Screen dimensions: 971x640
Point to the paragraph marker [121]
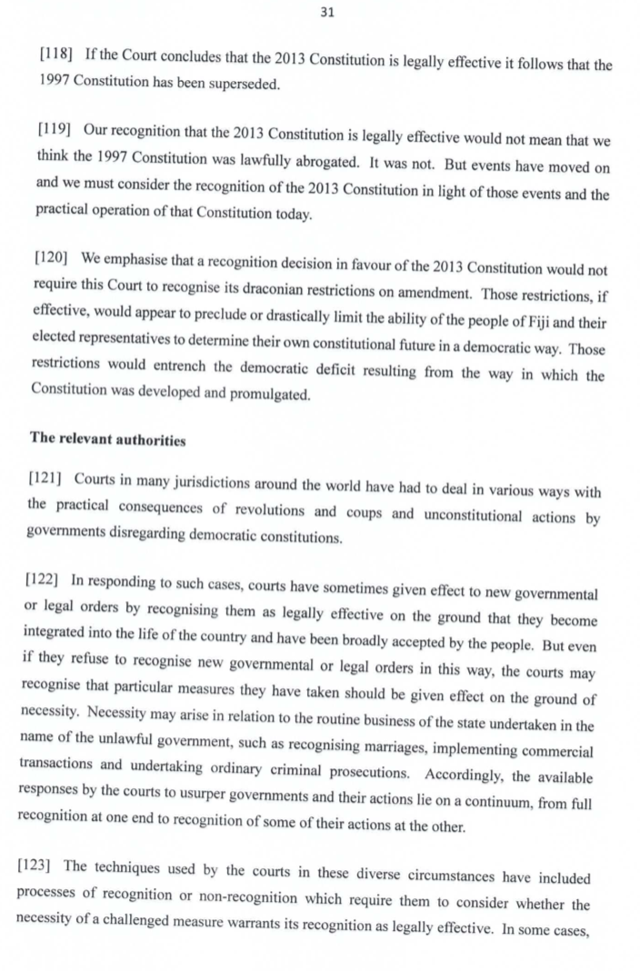(51, 476)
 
